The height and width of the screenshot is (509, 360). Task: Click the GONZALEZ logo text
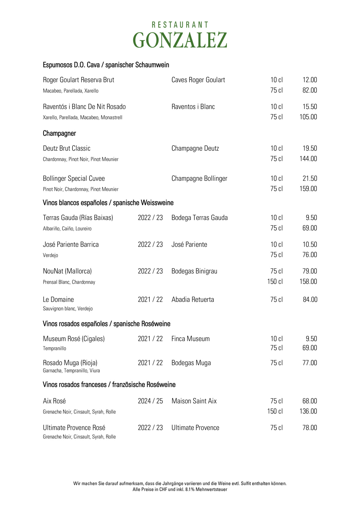[x=180, y=40]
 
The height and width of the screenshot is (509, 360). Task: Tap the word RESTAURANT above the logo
[x=180, y=25]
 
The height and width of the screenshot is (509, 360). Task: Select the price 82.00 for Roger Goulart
[x=310, y=90]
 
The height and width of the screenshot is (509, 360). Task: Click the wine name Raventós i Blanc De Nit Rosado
[x=84, y=107]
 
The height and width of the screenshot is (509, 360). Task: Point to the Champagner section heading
[x=59, y=133]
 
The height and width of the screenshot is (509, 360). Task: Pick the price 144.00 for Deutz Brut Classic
[x=308, y=159]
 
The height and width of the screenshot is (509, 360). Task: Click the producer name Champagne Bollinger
[x=199, y=179]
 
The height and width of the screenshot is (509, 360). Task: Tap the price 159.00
[x=308, y=189]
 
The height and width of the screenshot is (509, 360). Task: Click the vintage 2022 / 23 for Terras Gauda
[x=150, y=218]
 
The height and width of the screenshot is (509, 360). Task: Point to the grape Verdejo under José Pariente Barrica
[x=50, y=255]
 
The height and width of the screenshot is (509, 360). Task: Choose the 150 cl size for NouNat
[x=275, y=282]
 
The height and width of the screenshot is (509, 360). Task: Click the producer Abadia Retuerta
[x=193, y=300]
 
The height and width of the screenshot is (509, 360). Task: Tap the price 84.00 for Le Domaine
[x=310, y=300]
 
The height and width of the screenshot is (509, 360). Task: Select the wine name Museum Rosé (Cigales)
[x=74, y=339]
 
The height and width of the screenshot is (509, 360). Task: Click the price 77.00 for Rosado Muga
[x=310, y=363]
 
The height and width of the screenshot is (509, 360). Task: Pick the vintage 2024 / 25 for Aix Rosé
[x=150, y=401]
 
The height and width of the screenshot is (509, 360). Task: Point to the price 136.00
[x=308, y=411]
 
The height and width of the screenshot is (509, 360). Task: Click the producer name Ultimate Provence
[x=195, y=428]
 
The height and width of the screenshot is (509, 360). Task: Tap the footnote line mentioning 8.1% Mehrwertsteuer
[x=180, y=490]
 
